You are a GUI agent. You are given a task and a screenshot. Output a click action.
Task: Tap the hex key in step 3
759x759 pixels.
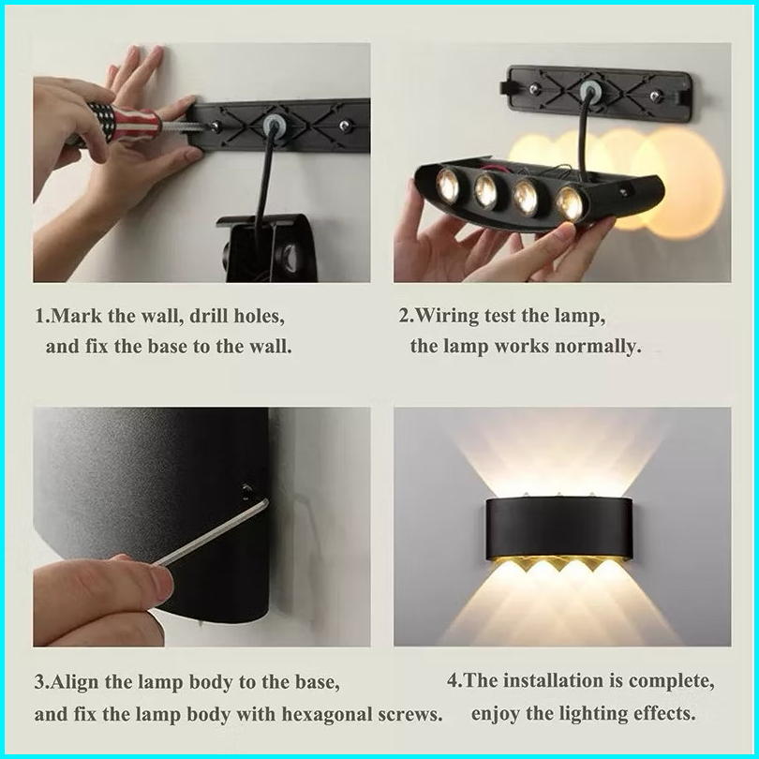point(211,532)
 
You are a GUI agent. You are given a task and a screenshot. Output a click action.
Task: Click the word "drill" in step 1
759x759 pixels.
point(209,316)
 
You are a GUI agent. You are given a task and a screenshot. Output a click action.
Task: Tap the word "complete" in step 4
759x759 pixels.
point(670,681)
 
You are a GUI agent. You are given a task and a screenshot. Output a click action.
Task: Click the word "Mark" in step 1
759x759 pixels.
point(76,316)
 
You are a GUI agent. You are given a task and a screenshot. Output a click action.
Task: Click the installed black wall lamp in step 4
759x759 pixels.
point(559,531)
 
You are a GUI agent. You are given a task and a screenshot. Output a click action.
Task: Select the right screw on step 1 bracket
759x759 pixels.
point(344,126)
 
